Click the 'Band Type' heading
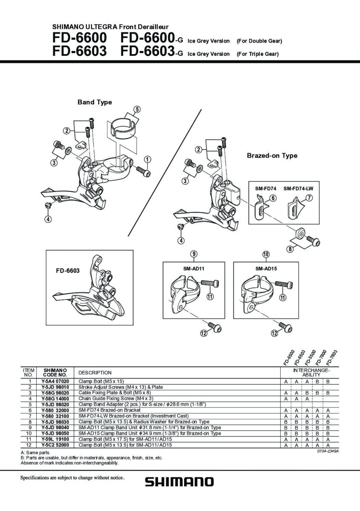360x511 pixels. pos(95,102)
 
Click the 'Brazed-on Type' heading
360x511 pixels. pos(272,155)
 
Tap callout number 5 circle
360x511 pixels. pos(137,109)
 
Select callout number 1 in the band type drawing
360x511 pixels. pos(147,159)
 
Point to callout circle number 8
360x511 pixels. pos(290,249)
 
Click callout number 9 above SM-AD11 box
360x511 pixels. pos(194,254)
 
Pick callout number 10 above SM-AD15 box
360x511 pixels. pos(266,254)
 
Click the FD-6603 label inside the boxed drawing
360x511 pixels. pos(68,271)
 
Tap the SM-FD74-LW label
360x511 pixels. pos(298,189)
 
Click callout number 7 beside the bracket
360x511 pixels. pos(309,198)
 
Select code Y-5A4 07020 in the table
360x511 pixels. pos(55,381)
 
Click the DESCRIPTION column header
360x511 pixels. pos(95,373)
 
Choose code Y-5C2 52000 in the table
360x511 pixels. pos(55,445)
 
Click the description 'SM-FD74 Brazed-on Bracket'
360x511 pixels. pos(109,410)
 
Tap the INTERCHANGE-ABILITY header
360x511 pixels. pos(311,373)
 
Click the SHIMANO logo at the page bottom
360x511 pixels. pos(179,482)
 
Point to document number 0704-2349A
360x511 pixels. pos(328,451)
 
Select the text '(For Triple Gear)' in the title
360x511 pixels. pos(257,54)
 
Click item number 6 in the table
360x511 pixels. pos(30,410)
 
